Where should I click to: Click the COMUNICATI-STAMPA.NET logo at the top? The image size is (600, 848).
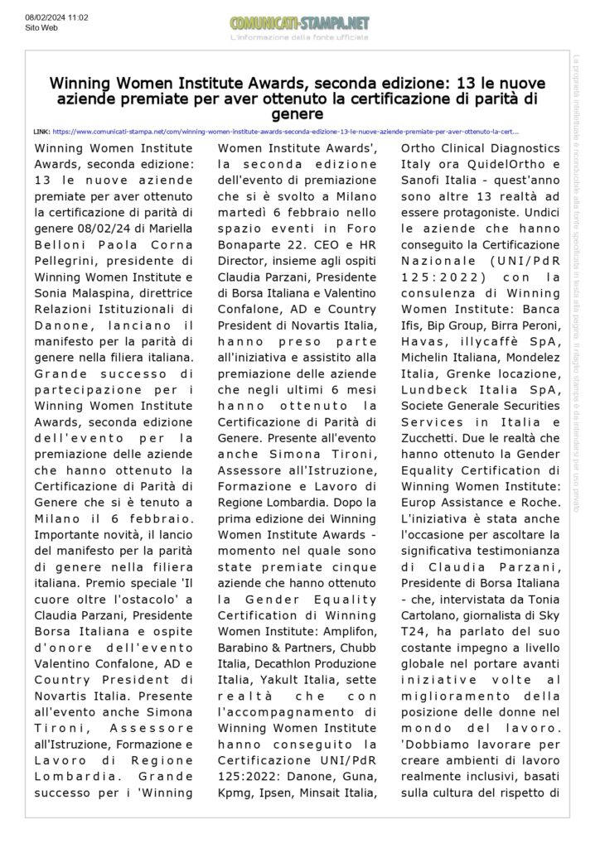299,23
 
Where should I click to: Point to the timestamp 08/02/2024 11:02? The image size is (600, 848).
56,17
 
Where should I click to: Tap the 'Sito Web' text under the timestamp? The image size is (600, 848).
41,27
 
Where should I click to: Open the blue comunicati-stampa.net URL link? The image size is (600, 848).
286,131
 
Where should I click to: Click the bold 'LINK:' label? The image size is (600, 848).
41,131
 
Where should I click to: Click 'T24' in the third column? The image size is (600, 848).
414,632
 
